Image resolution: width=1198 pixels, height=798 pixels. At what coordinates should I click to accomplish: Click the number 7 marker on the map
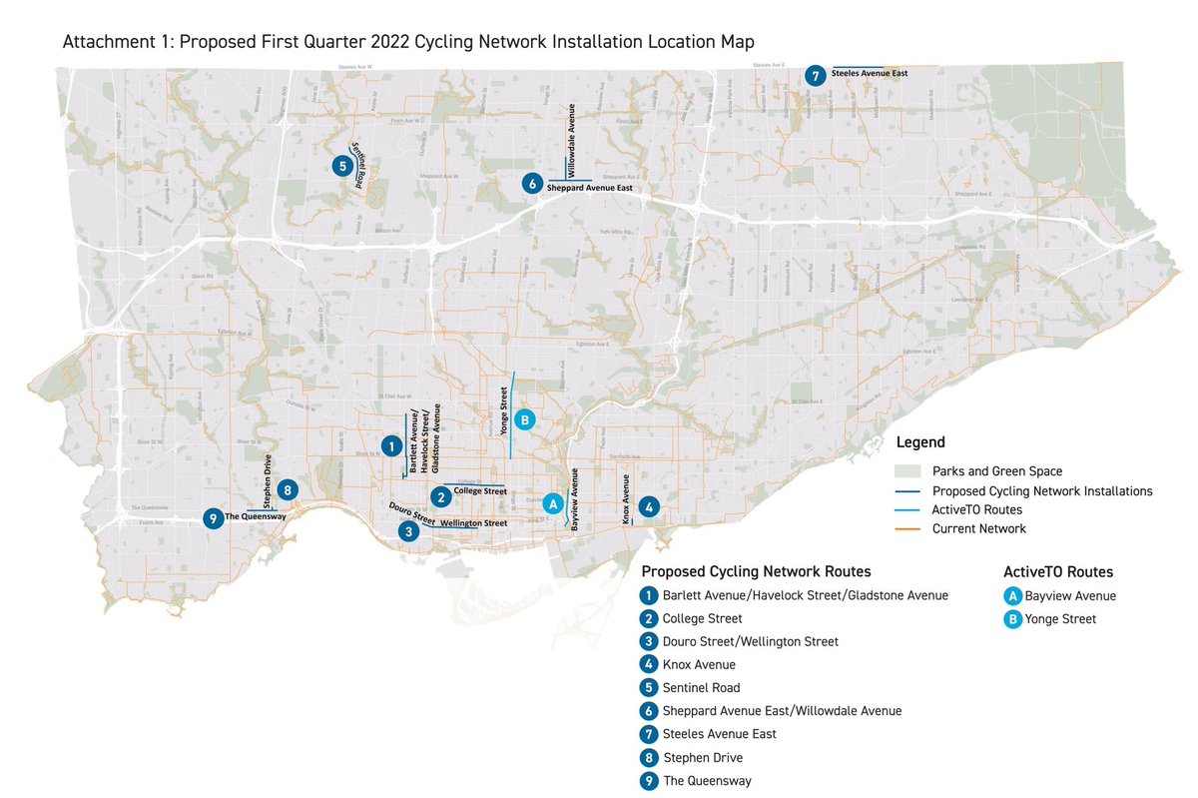[816, 75]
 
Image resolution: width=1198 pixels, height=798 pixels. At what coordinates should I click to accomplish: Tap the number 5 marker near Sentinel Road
[341, 166]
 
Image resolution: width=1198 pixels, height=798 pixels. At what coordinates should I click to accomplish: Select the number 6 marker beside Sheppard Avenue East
[532, 183]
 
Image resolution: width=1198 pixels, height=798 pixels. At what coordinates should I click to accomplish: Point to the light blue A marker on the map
[550, 504]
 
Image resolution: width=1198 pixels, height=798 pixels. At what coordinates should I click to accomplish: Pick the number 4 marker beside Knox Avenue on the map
[649, 506]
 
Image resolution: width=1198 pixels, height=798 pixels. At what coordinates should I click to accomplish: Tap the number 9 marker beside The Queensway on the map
[212, 518]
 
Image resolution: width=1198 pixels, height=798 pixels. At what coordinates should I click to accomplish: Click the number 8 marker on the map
[287, 489]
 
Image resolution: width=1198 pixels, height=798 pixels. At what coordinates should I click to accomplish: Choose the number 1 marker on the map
[391, 445]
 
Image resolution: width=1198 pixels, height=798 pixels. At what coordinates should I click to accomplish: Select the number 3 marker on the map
[407, 532]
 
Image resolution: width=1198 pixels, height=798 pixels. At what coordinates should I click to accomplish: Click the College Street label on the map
[480, 491]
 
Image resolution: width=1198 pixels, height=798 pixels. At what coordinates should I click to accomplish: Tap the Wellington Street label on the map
[474, 523]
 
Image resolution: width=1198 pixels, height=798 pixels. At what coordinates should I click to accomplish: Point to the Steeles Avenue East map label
[869, 73]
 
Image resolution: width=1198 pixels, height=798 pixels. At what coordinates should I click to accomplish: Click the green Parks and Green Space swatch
[907, 471]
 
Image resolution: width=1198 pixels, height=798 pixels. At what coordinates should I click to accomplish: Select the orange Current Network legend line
[907, 528]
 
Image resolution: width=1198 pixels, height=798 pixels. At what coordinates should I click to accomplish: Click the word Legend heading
[920, 442]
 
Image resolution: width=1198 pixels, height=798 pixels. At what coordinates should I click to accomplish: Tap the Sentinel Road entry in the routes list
[703, 687]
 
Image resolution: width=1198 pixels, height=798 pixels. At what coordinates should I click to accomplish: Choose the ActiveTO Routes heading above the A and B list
[1058, 572]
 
